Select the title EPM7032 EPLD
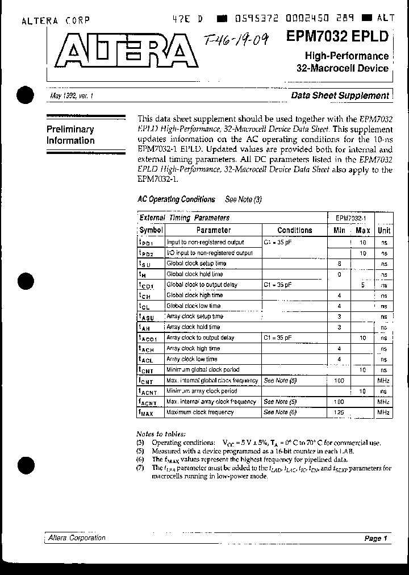(337, 37)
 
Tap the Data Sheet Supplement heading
(340, 95)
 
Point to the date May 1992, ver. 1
(72, 97)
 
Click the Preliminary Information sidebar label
(70, 135)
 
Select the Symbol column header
(151, 230)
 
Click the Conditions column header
(294, 230)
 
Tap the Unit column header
(384, 230)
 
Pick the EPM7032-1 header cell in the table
(350, 218)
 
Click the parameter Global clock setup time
(196, 264)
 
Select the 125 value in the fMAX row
(339, 412)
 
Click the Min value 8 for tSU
(339, 264)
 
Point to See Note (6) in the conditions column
(281, 412)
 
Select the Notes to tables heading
(161, 433)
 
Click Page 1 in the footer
(375, 539)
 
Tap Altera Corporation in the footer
(77, 538)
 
